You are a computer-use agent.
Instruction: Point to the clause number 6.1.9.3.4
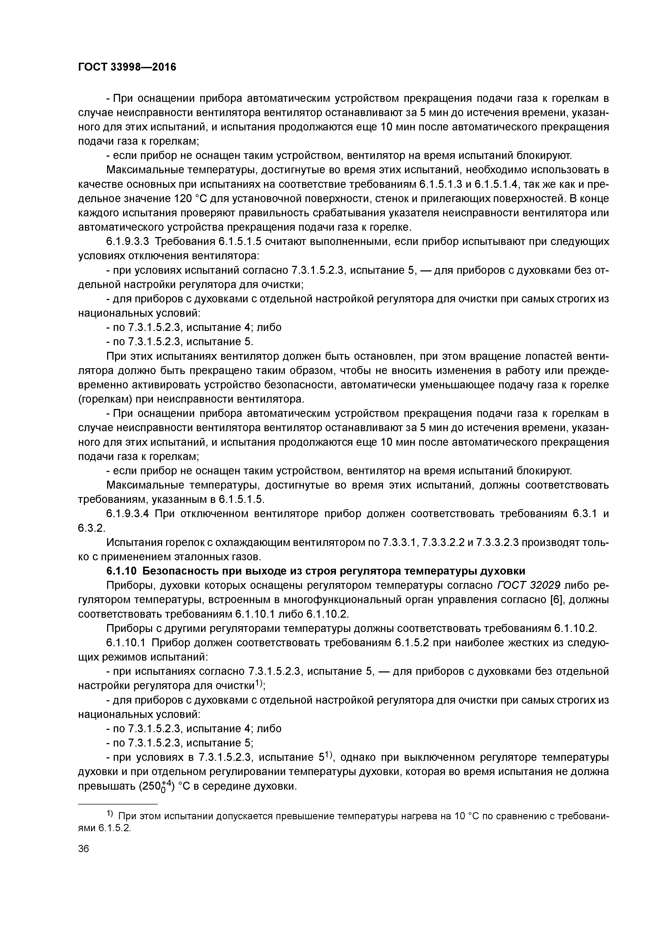[128, 514]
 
